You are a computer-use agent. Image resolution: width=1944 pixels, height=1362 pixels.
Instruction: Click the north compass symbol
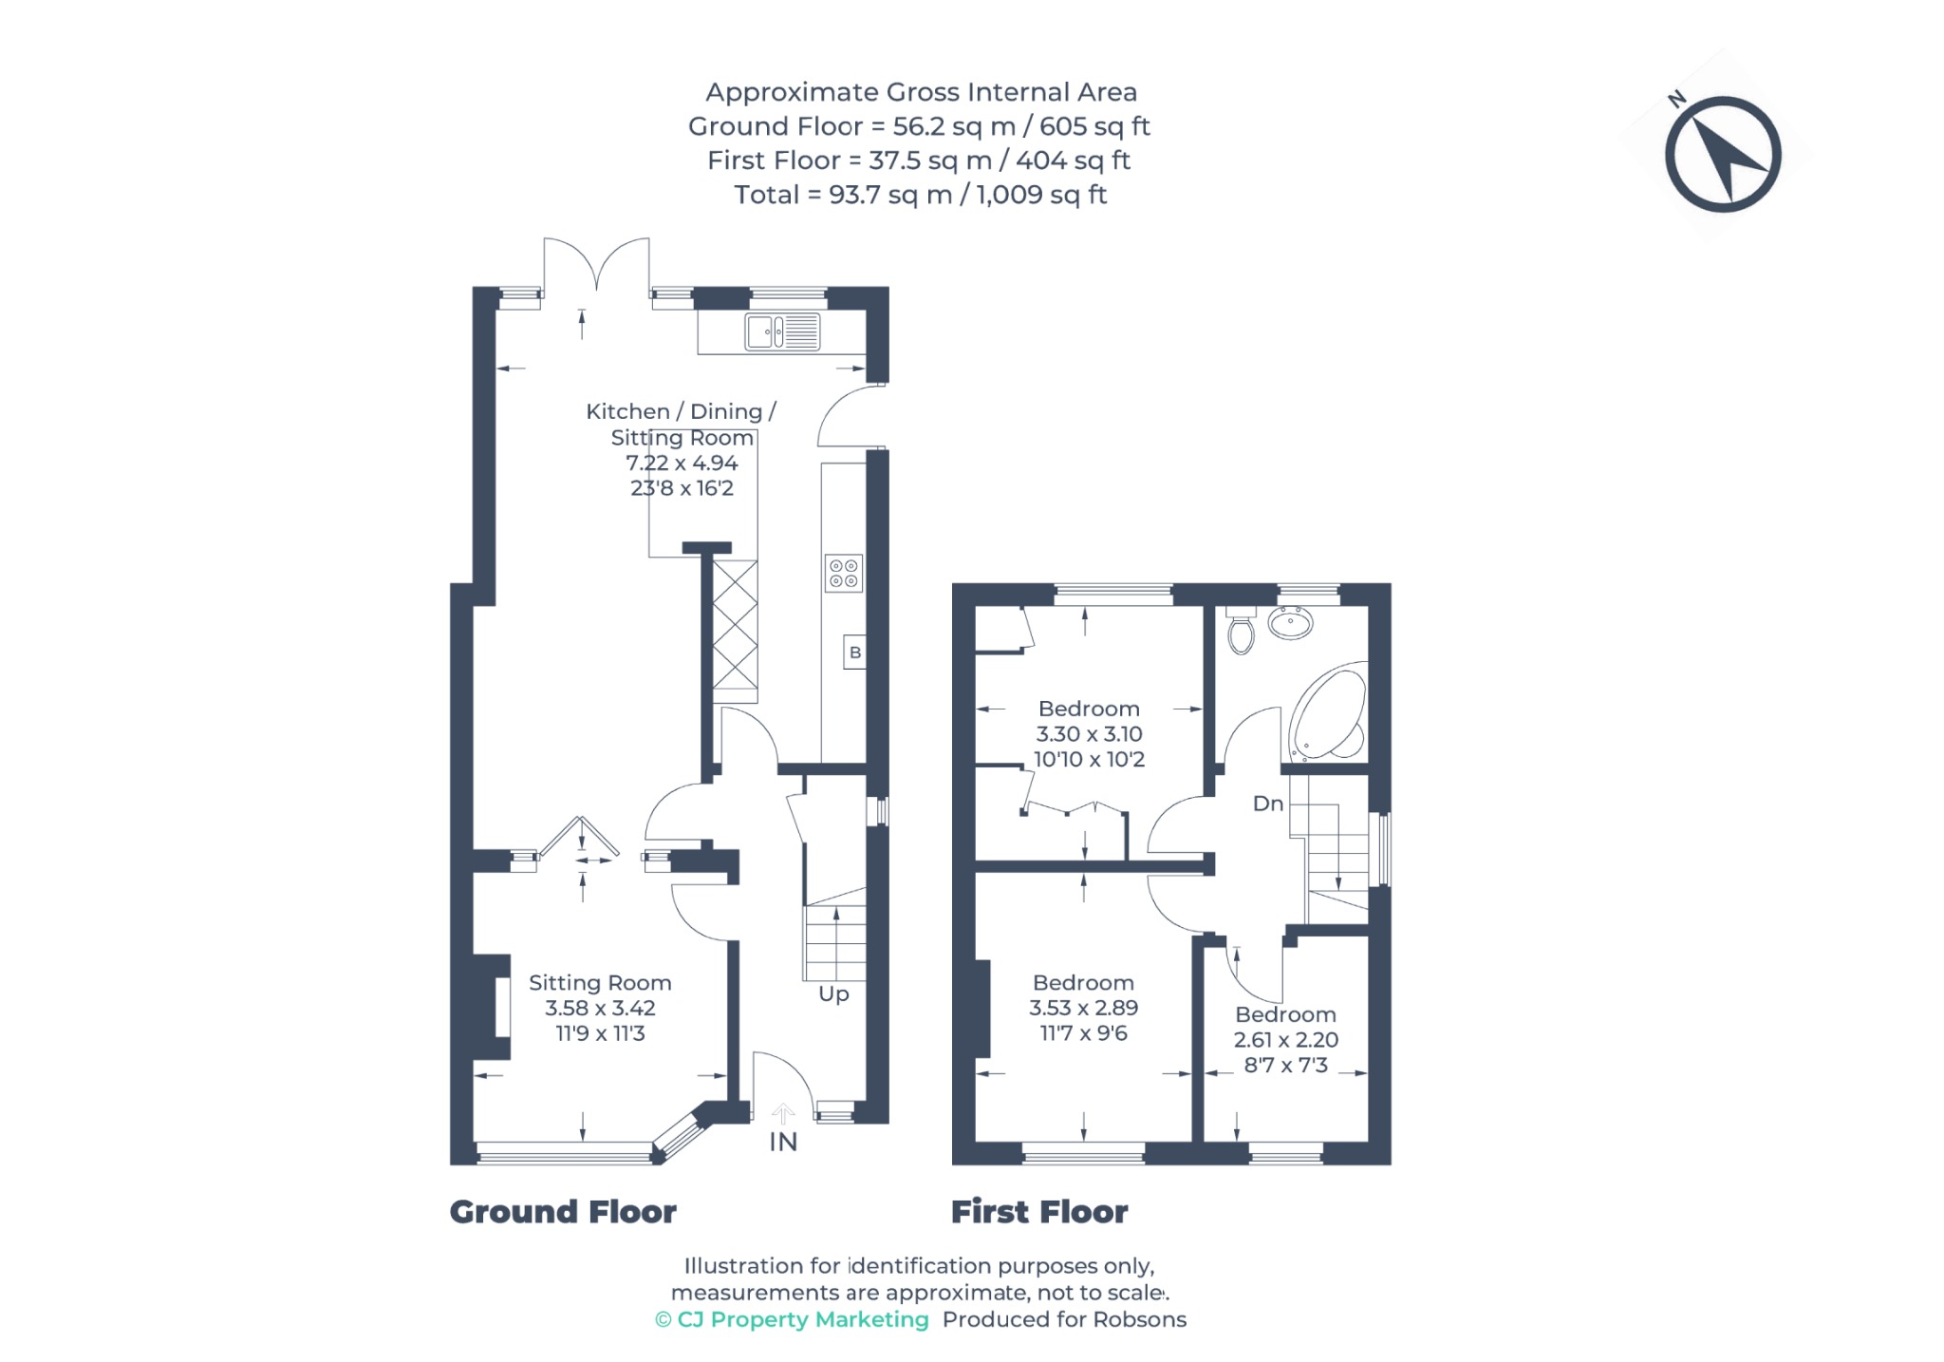click(x=1722, y=154)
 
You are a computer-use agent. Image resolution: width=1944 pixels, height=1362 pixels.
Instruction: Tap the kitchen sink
click(x=782, y=331)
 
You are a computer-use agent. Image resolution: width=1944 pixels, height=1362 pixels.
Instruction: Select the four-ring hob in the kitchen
click(x=843, y=573)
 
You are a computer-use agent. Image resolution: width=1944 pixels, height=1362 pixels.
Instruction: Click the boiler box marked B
click(x=854, y=653)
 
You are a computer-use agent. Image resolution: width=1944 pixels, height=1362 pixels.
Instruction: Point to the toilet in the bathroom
click(x=1241, y=630)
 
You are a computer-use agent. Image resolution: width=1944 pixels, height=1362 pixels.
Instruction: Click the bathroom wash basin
click(x=1291, y=623)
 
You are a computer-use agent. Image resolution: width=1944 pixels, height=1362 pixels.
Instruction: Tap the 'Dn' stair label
click(x=1268, y=804)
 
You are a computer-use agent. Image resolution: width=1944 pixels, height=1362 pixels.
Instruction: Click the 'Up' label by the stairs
click(x=833, y=994)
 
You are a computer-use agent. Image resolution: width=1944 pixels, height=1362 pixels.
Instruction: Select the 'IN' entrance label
click(x=783, y=1142)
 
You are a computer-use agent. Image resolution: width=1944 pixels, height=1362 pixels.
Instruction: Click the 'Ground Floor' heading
click(x=563, y=1212)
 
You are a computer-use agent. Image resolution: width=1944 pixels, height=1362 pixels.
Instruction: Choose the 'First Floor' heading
click(x=1039, y=1212)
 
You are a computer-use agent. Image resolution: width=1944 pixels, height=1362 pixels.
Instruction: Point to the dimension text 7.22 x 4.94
click(x=682, y=463)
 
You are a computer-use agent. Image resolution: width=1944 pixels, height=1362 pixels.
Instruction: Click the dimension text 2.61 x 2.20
click(x=1286, y=1039)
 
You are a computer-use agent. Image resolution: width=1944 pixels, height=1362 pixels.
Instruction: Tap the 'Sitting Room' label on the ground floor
click(x=600, y=983)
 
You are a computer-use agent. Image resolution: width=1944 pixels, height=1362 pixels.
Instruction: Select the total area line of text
click(x=921, y=195)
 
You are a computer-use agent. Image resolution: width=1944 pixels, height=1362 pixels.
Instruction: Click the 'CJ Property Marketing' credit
click(x=792, y=1319)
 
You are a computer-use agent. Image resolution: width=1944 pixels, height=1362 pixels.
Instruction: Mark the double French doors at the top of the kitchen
click(x=597, y=266)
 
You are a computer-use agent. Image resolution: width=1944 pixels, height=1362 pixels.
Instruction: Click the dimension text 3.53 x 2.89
click(x=1084, y=1008)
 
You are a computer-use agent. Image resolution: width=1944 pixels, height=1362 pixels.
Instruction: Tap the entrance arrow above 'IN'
click(x=783, y=1114)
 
